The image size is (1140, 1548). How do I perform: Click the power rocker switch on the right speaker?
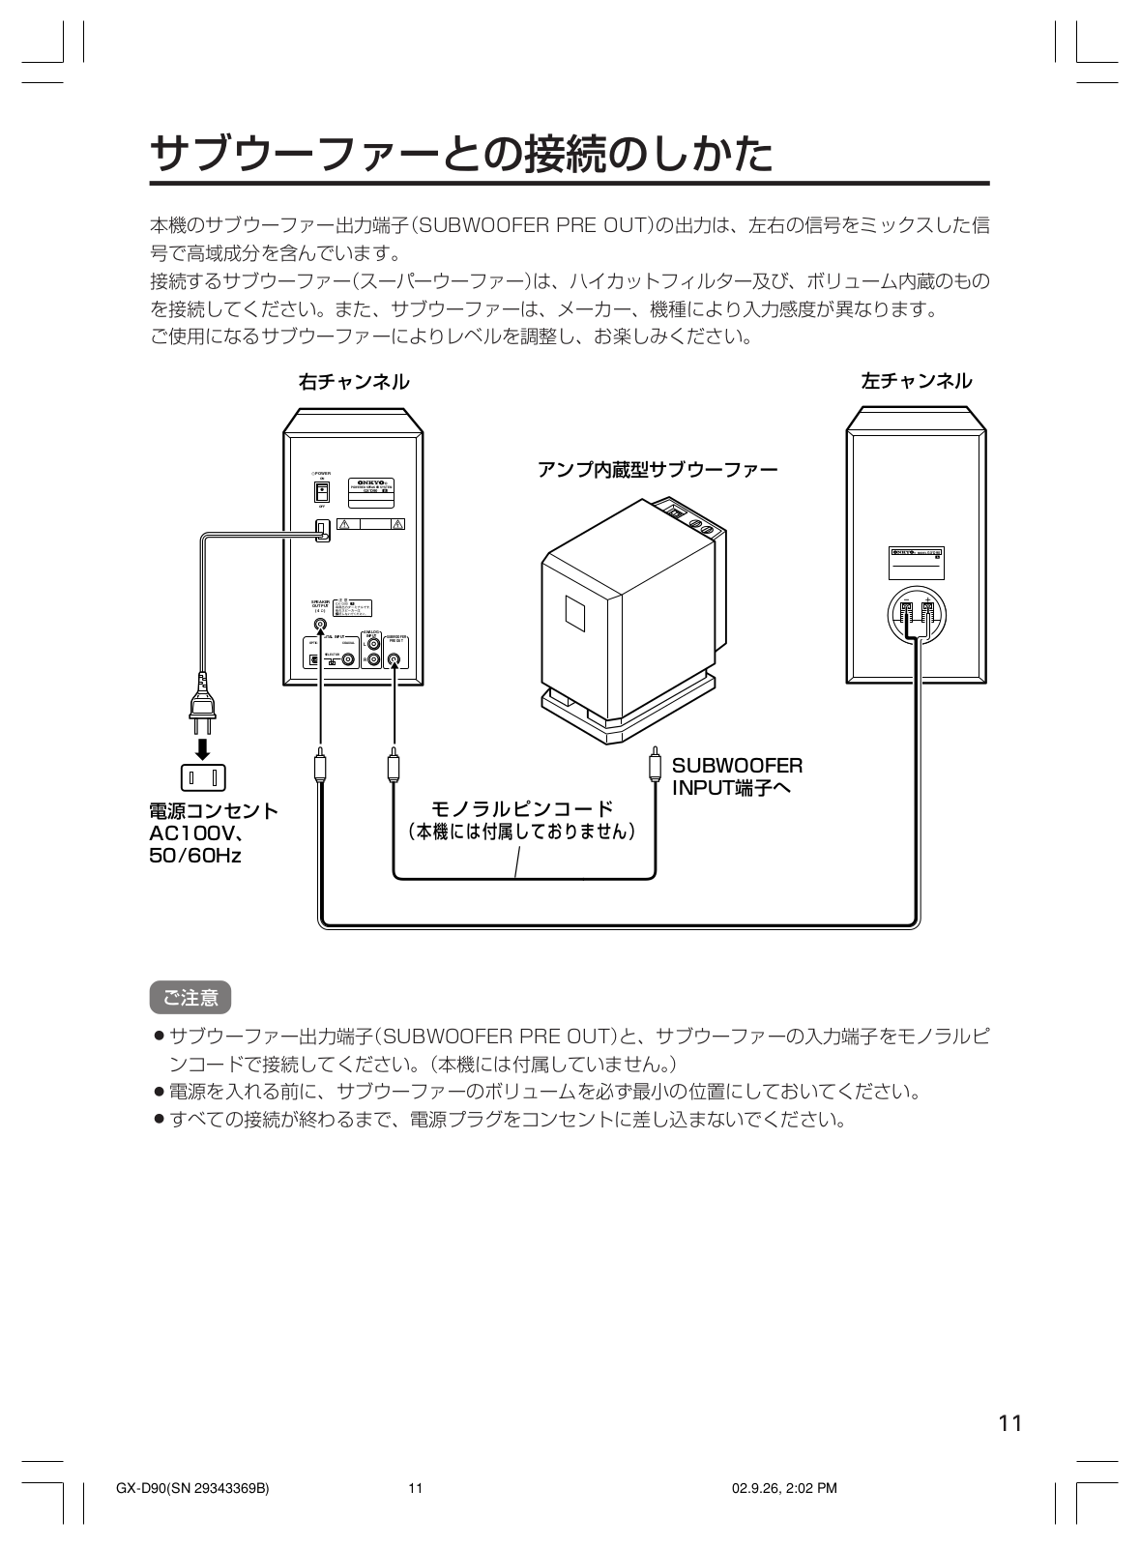click(x=320, y=491)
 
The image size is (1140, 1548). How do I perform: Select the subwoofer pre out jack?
click(x=394, y=660)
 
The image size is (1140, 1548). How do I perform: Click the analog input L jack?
click(x=373, y=643)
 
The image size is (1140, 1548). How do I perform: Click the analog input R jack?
click(x=373, y=660)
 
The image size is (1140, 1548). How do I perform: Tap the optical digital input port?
click(x=312, y=660)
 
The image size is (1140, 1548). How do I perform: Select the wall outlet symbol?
click(x=203, y=776)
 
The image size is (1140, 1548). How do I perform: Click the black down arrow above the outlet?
click(x=203, y=748)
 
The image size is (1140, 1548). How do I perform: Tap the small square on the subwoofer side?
click(x=573, y=612)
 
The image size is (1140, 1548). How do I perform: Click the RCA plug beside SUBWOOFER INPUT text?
click(x=656, y=764)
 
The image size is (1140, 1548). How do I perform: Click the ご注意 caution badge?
click(x=190, y=996)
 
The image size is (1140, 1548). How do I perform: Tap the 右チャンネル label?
click(x=354, y=382)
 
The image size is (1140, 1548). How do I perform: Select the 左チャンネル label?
click(x=917, y=380)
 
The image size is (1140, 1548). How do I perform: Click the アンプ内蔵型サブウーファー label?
click(x=658, y=470)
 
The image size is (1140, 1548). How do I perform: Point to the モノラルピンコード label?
click(x=521, y=808)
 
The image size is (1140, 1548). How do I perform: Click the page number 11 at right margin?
click(x=1010, y=1423)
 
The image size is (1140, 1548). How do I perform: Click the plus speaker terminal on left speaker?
click(x=927, y=611)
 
